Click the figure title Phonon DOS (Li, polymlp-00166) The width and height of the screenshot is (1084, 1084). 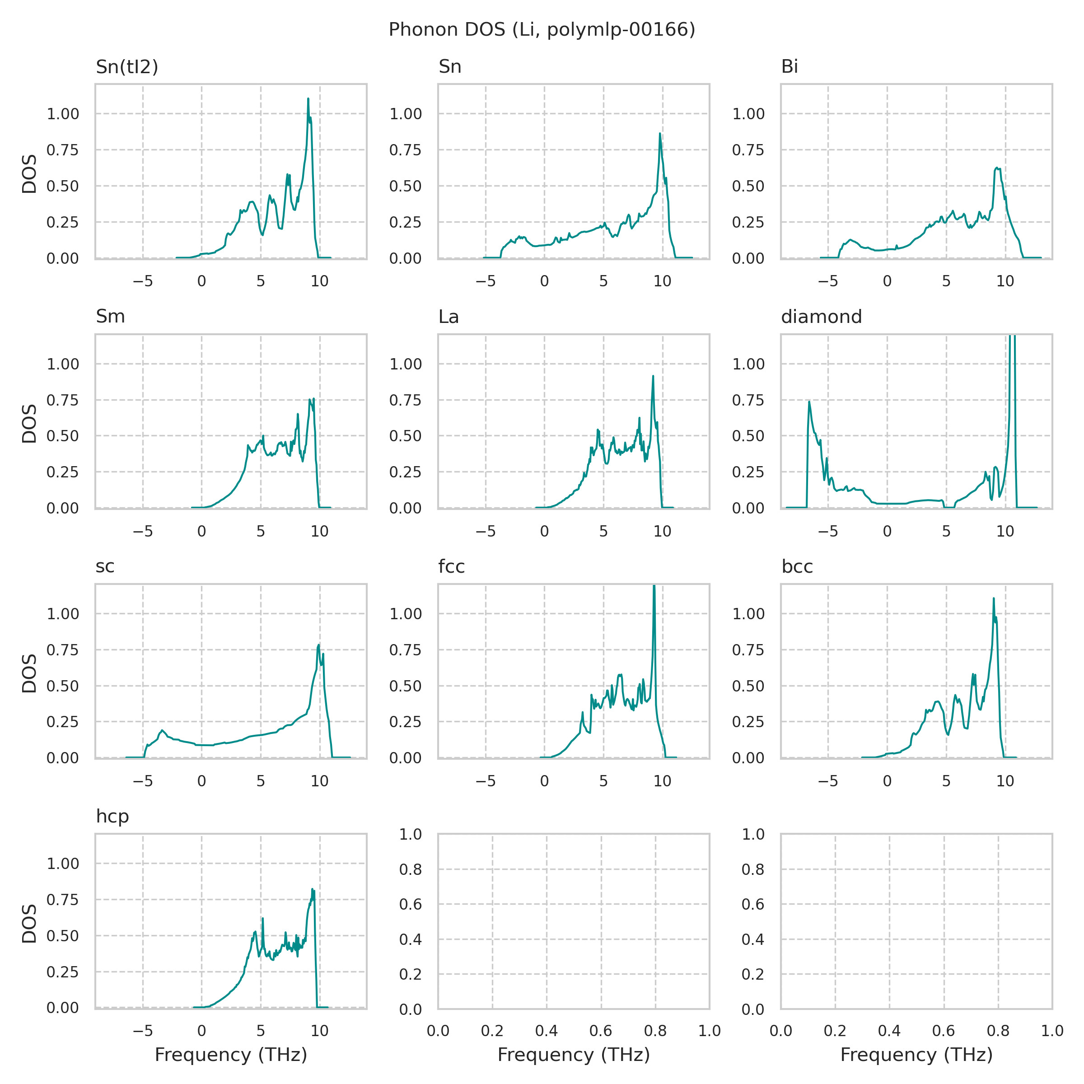click(542, 30)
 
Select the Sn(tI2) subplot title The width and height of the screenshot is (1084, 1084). click(127, 67)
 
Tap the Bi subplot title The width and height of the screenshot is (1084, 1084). click(790, 67)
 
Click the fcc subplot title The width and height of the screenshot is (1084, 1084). click(451, 567)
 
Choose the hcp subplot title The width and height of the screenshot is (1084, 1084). click(112, 816)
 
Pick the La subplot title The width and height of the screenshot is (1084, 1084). click(449, 317)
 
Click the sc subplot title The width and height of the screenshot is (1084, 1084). click(105, 567)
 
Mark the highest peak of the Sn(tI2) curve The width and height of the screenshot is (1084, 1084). click(308, 99)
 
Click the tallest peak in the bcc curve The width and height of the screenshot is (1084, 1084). click(994, 598)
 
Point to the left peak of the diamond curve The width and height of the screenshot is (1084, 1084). click(809, 402)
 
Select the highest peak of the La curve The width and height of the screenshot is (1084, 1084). click(653, 376)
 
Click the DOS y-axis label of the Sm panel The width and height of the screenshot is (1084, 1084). click(29, 424)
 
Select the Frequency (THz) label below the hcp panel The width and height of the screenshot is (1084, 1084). click(231, 1055)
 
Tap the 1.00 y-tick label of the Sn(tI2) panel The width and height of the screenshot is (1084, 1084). click(62, 114)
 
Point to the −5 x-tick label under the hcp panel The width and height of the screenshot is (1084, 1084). click(143, 1031)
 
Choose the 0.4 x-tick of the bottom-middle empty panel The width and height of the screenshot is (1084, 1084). click(547, 1031)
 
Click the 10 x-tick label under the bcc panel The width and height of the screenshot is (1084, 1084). click(1005, 781)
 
